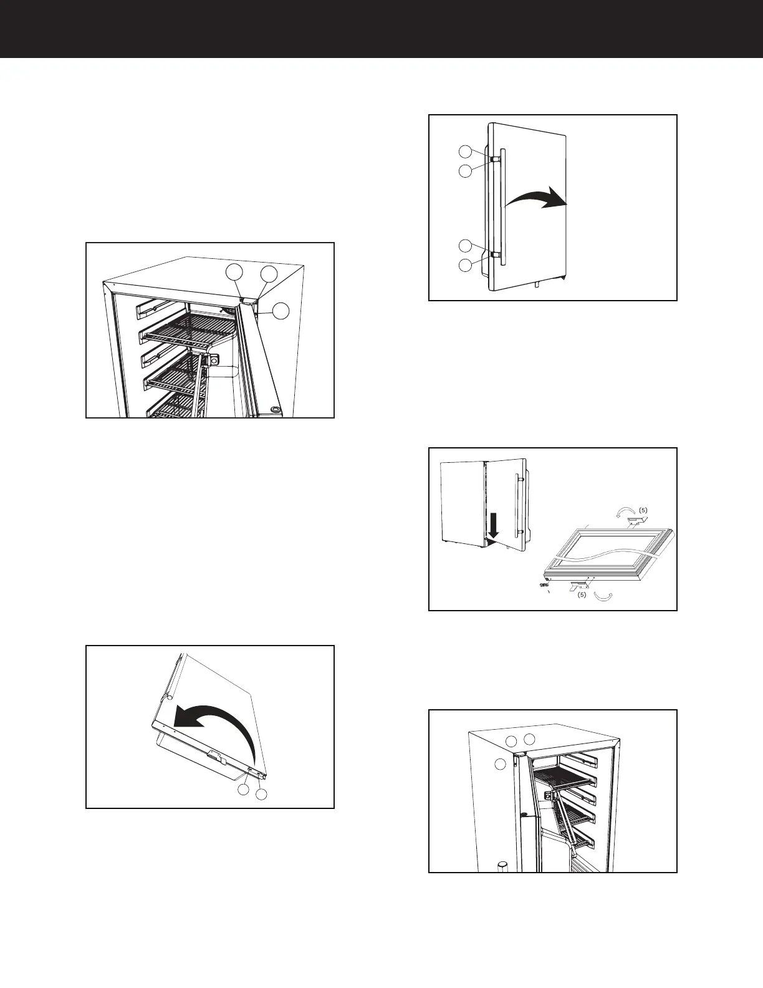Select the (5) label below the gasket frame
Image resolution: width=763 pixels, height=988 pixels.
pyautogui.click(x=581, y=595)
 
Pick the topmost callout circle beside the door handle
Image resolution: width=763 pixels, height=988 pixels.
pyautogui.click(x=465, y=151)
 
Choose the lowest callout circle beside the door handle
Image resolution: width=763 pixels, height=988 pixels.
pyautogui.click(x=465, y=266)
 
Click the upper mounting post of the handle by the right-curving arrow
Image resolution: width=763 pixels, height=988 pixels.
pyautogui.click(x=494, y=158)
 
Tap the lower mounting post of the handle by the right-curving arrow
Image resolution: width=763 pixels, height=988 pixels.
pyautogui.click(x=494, y=254)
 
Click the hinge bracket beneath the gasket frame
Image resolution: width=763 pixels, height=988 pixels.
pyautogui.click(x=580, y=584)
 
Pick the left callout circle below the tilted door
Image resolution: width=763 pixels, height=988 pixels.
pyautogui.click(x=244, y=790)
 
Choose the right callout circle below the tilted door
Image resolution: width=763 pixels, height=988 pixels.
pyautogui.click(x=262, y=794)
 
